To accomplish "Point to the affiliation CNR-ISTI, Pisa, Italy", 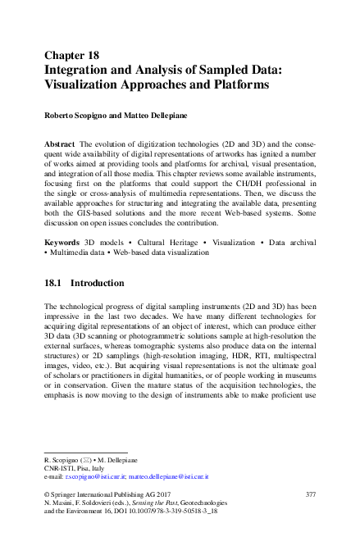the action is pos(74,468).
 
